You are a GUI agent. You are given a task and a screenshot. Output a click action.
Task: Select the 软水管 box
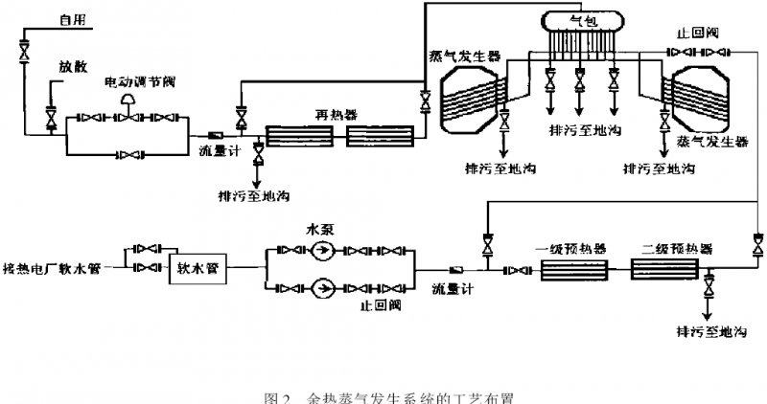198,269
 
